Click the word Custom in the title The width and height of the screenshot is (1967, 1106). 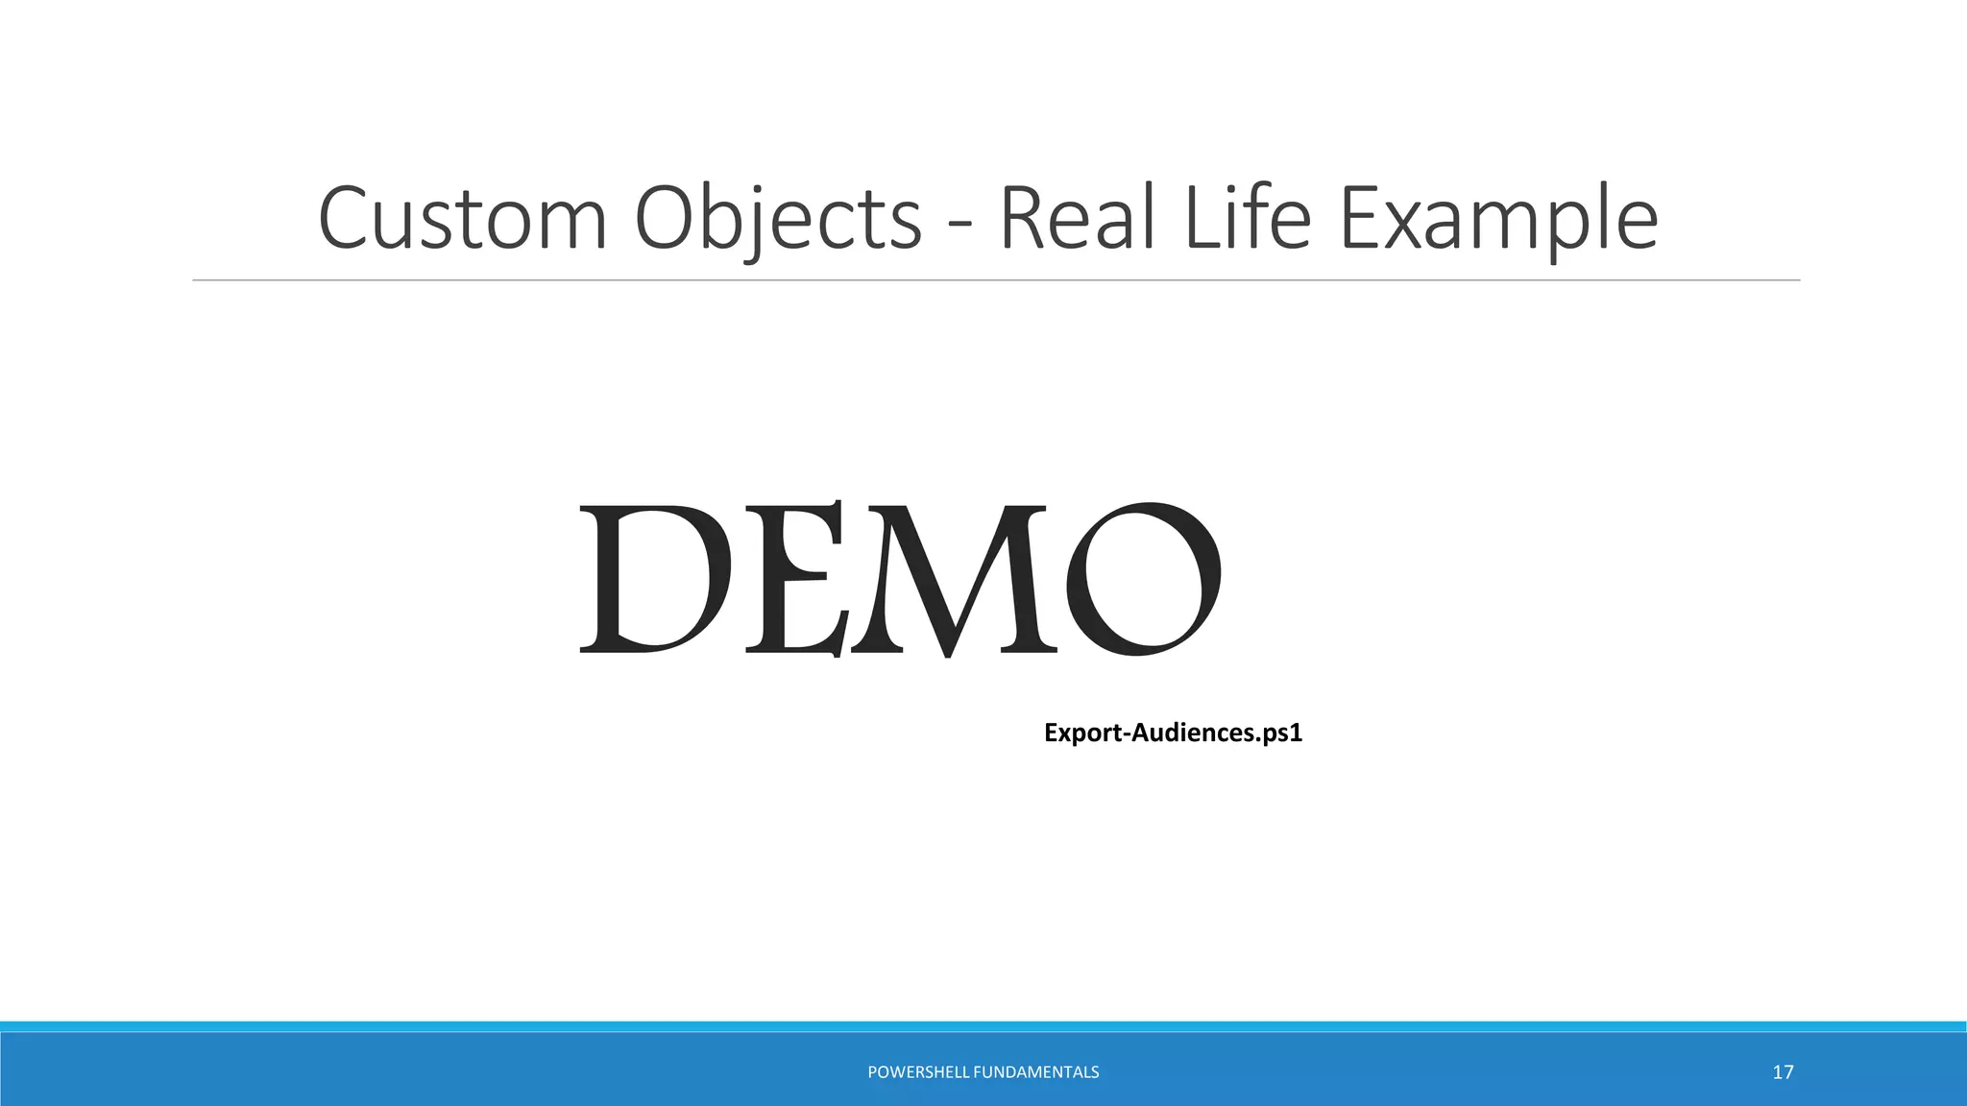(x=462, y=219)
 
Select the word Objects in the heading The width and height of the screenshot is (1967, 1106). (x=778, y=219)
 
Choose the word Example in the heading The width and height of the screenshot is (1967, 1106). (x=1498, y=219)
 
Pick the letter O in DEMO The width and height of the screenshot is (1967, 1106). (x=1143, y=579)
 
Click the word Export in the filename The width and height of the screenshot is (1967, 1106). (x=1082, y=733)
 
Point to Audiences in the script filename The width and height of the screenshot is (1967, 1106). (x=1192, y=733)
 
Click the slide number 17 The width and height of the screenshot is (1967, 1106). (x=1783, y=1072)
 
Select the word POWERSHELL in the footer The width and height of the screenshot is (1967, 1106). (x=917, y=1072)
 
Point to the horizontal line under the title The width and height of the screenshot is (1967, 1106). (x=996, y=280)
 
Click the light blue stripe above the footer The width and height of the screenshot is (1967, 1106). (x=983, y=1026)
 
